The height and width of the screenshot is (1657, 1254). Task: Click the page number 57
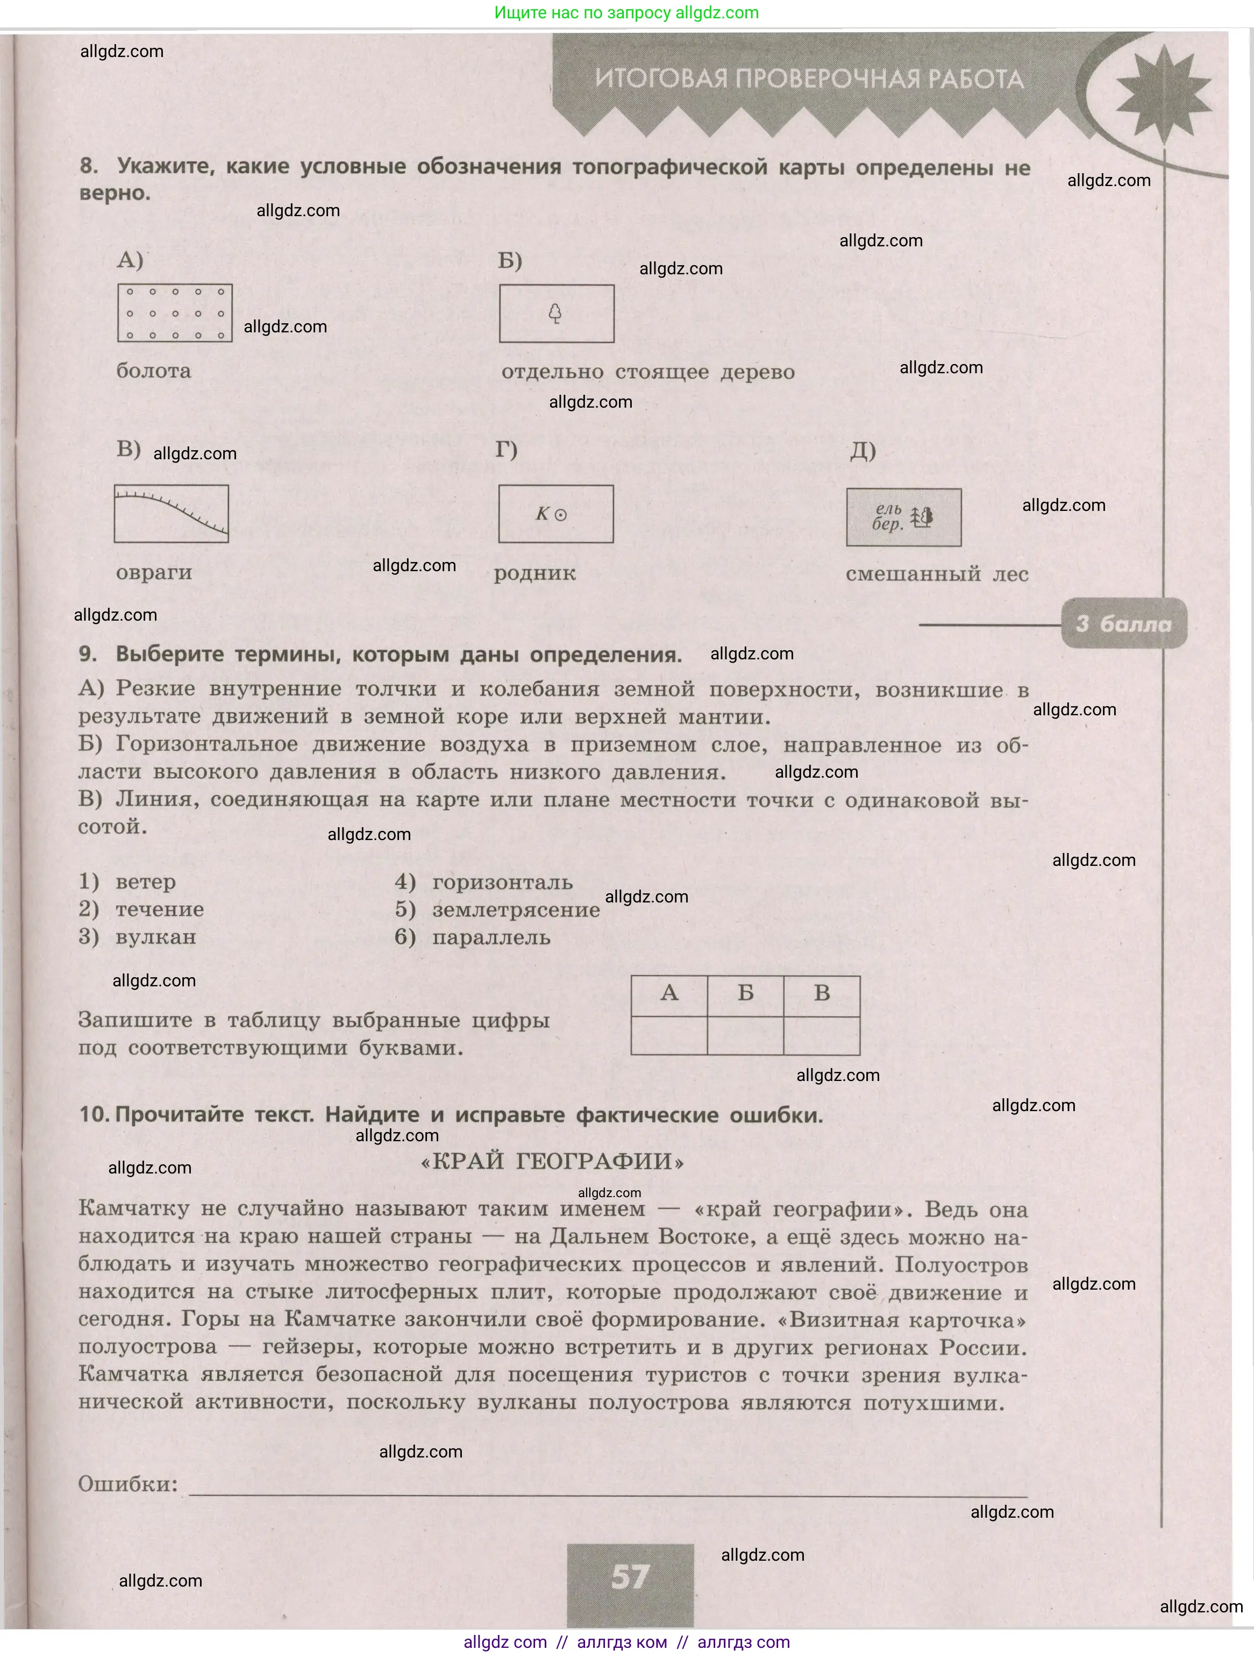630,1575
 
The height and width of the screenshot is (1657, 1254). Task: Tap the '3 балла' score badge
1124,623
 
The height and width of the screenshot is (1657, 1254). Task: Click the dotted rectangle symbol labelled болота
175,313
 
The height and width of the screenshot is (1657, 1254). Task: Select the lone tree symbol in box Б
555,312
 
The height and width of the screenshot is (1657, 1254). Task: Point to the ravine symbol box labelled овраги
172,514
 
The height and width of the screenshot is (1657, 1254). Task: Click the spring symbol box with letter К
556,514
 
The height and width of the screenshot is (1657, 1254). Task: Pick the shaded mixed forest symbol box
903,517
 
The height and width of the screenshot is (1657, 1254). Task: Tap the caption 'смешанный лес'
936,574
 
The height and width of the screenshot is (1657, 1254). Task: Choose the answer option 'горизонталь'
502,883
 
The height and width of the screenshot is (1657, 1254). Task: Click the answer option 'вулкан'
156,937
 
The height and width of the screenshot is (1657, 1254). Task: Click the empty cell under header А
669,1035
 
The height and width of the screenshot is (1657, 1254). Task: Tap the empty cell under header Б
745,1035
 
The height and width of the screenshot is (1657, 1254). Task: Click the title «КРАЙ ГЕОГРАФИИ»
553,1162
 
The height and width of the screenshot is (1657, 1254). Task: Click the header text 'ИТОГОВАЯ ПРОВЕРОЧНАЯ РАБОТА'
809,79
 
